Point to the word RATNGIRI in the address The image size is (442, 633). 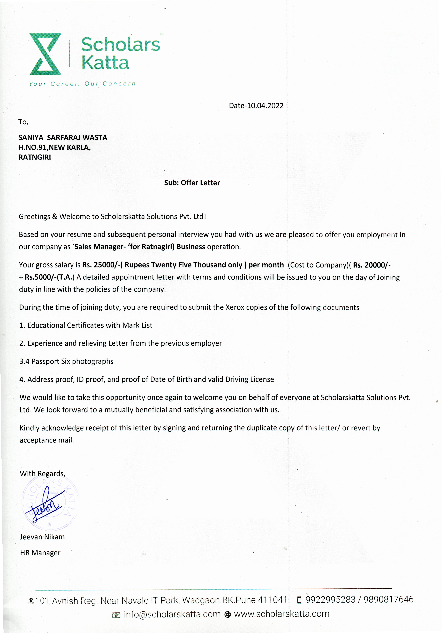35,157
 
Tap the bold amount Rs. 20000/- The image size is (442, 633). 372,265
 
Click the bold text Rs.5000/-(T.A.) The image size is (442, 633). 50,277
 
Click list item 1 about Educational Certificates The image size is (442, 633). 86,325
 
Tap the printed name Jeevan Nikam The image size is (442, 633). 42,537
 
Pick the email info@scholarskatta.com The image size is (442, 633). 172,614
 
